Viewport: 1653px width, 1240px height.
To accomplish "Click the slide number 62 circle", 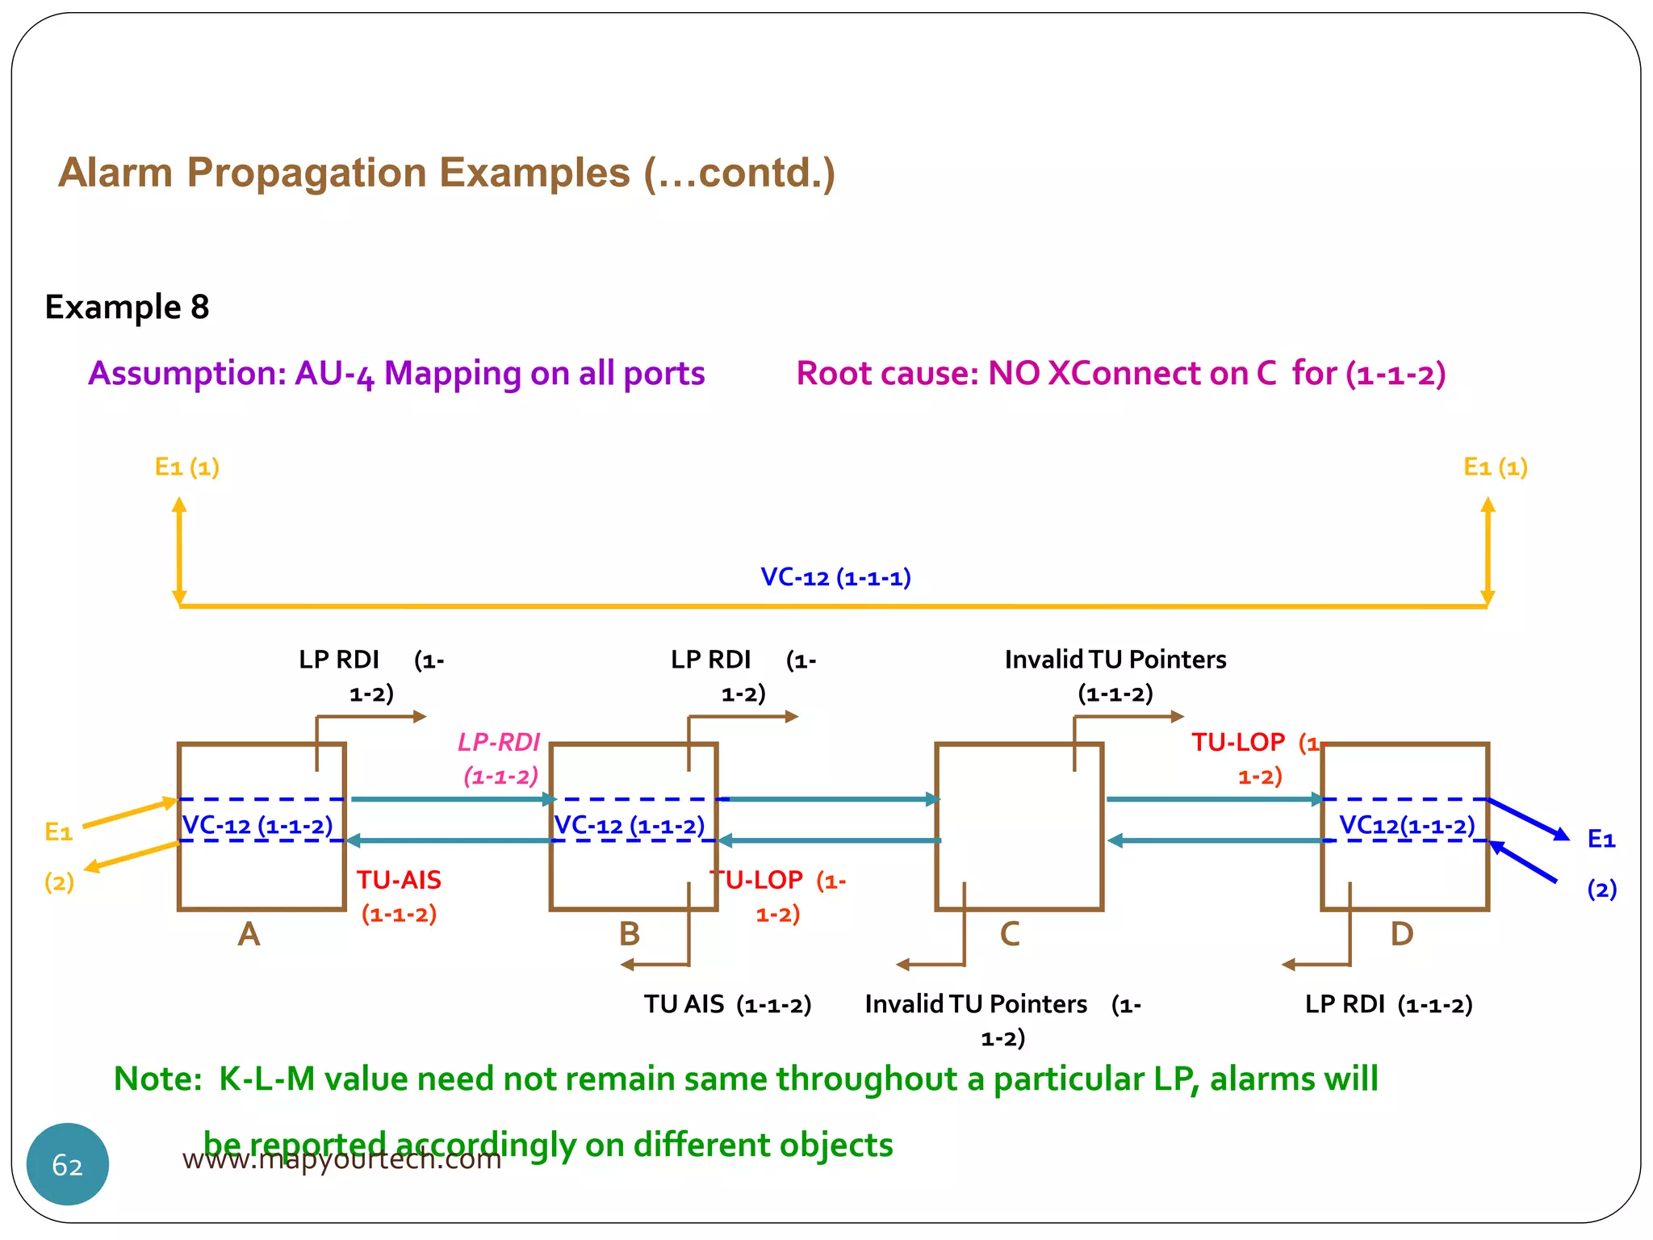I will tap(68, 1164).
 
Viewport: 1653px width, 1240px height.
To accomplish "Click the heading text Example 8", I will tap(127, 308).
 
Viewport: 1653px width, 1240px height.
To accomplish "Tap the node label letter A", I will tap(249, 934).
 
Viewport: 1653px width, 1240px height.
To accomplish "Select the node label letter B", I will tap(629, 934).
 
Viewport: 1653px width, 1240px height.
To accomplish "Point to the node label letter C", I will tap(1010, 934).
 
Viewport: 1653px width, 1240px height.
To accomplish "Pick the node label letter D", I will tap(1402, 934).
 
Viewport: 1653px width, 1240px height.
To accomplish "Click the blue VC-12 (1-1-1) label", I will tap(835, 577).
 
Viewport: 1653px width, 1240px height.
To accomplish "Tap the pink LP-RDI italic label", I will tap(499, 743).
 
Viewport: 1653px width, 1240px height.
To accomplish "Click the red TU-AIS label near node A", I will tap(400, 880).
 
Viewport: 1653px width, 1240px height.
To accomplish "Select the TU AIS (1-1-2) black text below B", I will tap(727, 1004).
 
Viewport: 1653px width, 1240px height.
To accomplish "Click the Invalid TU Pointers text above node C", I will tap(1115, 660).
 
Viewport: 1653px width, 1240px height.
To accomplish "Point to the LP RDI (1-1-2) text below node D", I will tap(1388, 1004).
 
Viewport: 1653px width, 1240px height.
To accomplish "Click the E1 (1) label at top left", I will tap(187, 467).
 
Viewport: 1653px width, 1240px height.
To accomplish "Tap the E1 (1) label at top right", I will tap(1495, 467).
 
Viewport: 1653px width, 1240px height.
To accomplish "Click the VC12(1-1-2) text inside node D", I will tap(1407, 825).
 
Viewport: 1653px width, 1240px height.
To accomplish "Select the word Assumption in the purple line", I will tap(187, 374).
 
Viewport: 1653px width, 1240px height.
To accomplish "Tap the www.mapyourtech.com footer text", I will tap(341, 1160).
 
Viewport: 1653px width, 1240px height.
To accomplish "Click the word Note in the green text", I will tap(156, 1079).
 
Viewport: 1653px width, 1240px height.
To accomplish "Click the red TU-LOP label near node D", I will tap(1238, 743).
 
